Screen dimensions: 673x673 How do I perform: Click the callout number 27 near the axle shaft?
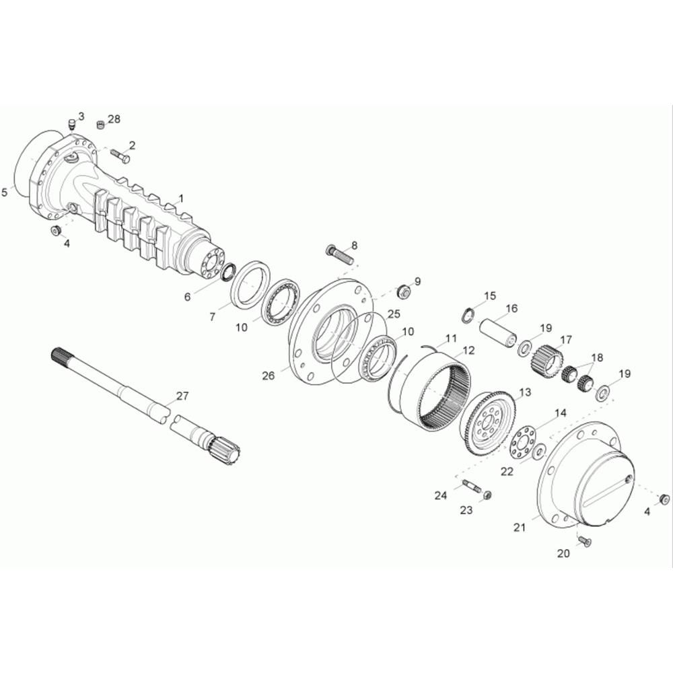(182, 396)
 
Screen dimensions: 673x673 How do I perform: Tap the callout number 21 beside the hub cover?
(520, 528)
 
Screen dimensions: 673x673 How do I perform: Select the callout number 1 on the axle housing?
(181, 199)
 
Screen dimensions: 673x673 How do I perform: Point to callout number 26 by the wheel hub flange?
(269, 376)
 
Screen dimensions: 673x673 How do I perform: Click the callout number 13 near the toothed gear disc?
(525, 392)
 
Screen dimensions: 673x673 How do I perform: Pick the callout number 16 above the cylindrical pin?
(511, 309)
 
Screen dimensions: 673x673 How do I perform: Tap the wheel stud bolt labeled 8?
(341, 254)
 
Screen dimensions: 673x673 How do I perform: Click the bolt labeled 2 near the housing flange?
(120, 155)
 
